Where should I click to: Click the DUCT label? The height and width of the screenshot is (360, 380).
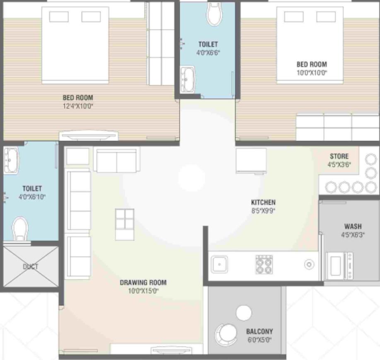coord(31,266)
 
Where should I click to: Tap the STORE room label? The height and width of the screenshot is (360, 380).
coord(339,156)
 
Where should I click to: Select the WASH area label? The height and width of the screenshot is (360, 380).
coord(353,226)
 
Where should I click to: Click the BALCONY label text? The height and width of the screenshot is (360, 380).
coord(260,331)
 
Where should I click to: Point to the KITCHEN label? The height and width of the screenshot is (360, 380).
coord(263,202)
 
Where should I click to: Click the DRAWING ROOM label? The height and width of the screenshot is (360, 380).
coord(143,283)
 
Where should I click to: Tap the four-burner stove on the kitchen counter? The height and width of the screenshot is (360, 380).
coord(264,264)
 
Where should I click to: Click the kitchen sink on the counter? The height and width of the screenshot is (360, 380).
coord(219,264)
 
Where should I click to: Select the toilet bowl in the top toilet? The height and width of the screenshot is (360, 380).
coord(214,14)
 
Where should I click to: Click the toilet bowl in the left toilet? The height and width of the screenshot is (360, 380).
coord(19,229)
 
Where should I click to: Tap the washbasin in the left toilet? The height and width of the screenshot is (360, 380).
coord(11,157)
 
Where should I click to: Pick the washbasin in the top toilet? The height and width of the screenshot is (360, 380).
coord(188,79)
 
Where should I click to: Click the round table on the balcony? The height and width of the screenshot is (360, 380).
coord(244,313)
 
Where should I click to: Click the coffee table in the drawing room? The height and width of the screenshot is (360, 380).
coord(125,224)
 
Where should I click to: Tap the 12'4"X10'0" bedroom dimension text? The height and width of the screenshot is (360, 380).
coord(78,106)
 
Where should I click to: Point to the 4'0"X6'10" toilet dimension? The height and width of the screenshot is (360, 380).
coord(32,197)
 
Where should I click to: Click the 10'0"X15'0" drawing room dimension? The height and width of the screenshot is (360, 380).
coord(143,291)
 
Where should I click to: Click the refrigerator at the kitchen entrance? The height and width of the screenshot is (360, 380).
coord(251,160)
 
